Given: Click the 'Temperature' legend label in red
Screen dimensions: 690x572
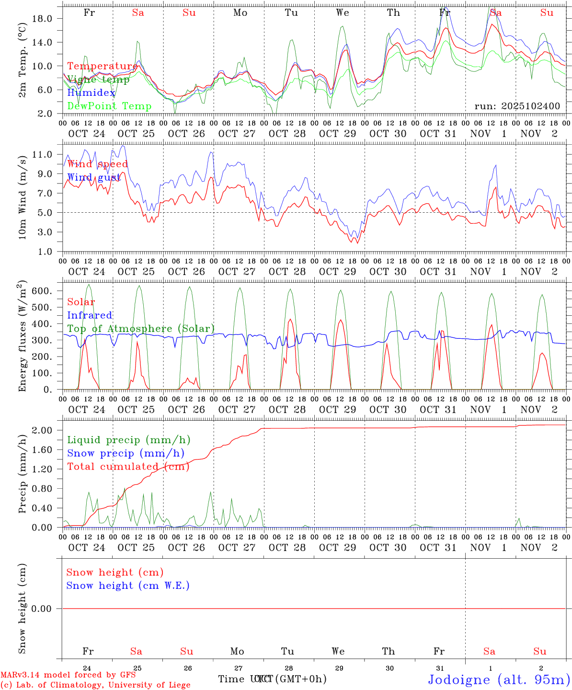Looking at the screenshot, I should click(102, 66).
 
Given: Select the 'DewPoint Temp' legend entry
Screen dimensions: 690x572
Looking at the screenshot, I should click(109, 106).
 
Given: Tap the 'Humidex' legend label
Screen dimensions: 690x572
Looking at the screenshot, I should click(91, 93).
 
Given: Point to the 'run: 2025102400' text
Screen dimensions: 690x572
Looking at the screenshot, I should click(517, 106).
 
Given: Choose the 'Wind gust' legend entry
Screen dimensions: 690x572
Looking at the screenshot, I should click(94, 177).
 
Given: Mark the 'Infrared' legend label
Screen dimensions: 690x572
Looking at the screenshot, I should click(90, 315).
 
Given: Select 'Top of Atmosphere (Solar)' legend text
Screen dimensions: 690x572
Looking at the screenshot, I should click(141, 329).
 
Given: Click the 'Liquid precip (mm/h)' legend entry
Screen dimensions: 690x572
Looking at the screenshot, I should click(129, 440).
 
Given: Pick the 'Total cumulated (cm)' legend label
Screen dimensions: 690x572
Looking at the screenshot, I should click(128, 467).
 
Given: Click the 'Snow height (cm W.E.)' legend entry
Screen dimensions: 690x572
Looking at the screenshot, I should click(128, 586).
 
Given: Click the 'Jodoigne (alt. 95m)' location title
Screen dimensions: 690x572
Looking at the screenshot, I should click(499, 679).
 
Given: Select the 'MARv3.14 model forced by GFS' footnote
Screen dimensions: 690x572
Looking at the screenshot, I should click(68, 675).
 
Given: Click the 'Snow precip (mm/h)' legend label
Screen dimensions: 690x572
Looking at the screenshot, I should click(126, 453).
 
